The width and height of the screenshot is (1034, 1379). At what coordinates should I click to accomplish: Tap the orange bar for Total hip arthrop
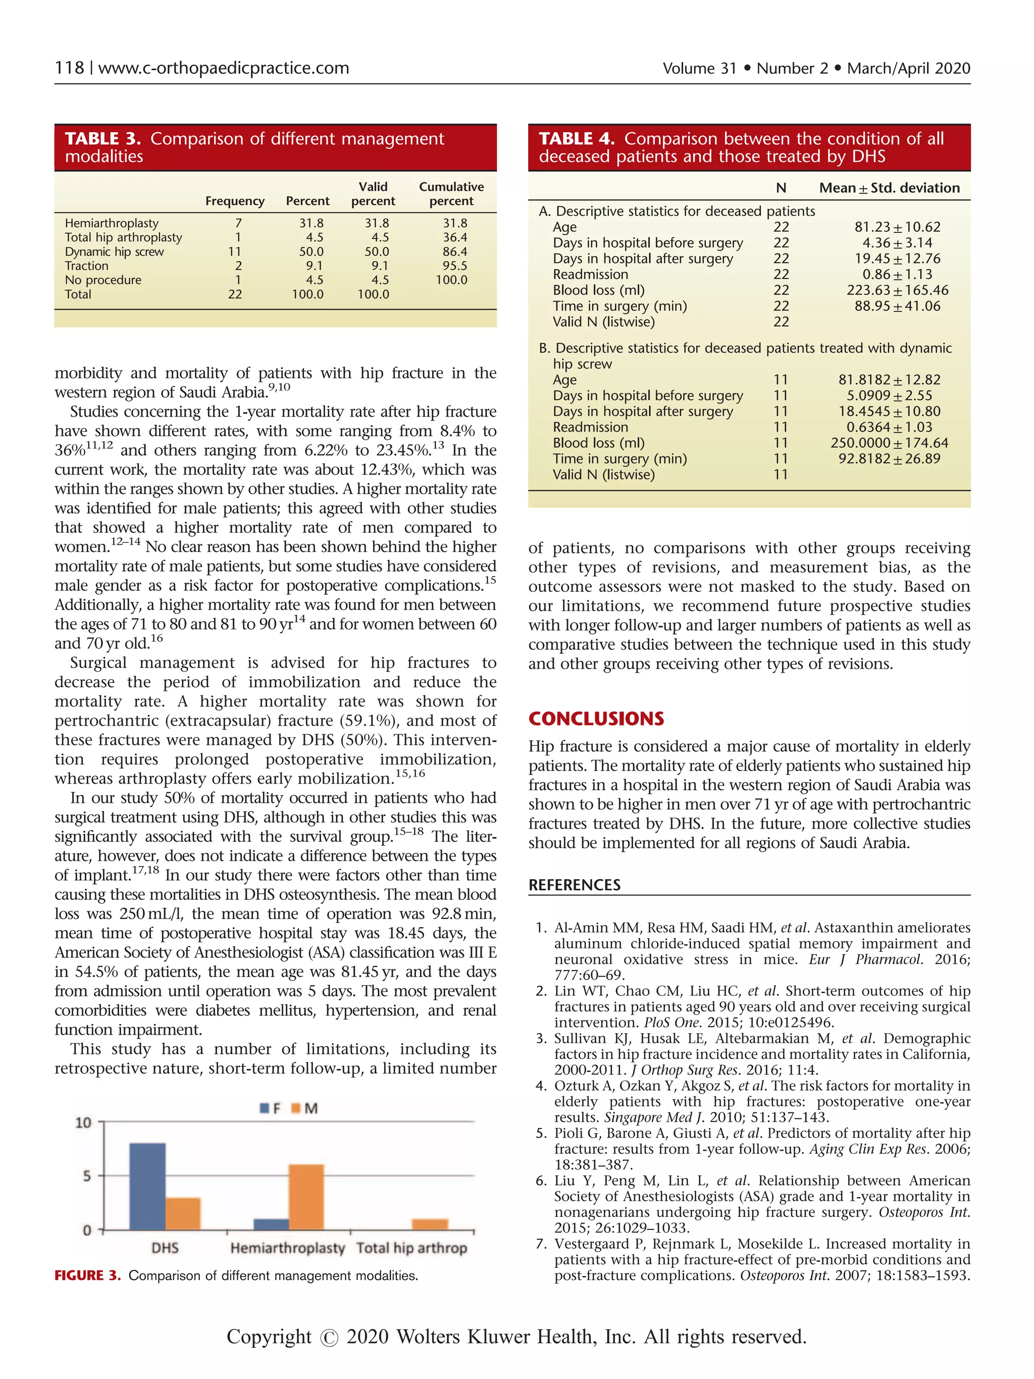click(x=430, y=1224)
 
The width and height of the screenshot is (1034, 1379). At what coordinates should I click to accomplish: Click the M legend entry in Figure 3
click(x=305, y=1108)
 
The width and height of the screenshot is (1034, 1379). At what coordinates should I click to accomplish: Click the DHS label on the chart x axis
click(x=165, y=1248)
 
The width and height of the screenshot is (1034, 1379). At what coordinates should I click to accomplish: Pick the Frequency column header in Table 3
click(x=235, y=201)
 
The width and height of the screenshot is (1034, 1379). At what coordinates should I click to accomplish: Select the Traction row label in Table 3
click(x=87, y=266)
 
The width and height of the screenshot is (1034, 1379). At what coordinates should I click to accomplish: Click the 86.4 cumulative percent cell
click(x=455, y=251)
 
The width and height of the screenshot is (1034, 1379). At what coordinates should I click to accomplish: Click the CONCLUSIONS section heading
click(x=596, y=719)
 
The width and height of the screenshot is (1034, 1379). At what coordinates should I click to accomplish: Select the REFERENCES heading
click(x=574, y=885)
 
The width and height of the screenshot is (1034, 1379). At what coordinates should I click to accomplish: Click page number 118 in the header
click(x=69, y=68)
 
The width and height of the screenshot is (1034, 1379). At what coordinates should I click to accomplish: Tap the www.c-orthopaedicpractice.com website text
click(x=224, y=68)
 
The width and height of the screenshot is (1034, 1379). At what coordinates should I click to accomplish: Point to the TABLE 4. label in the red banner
click(x=577, y=138)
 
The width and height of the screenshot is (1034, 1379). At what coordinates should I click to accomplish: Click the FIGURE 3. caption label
click(x=87, y=1275)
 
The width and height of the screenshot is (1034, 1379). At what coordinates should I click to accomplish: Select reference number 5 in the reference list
click(x=541, y=1134)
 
